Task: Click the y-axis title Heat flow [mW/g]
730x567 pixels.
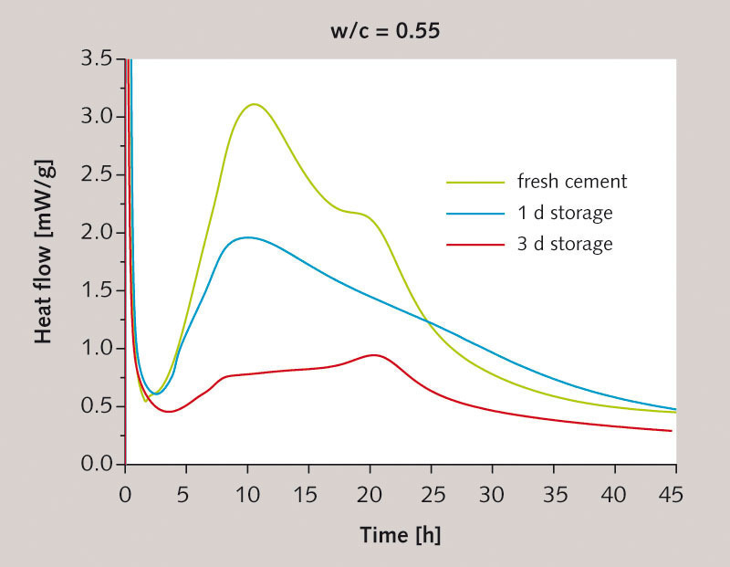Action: (43, 262)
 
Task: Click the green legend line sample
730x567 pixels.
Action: (475, 182)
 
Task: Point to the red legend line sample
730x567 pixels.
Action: (475, 245)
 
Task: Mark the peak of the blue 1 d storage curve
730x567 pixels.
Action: (246, 237)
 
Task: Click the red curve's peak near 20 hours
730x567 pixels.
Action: (372, 354)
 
